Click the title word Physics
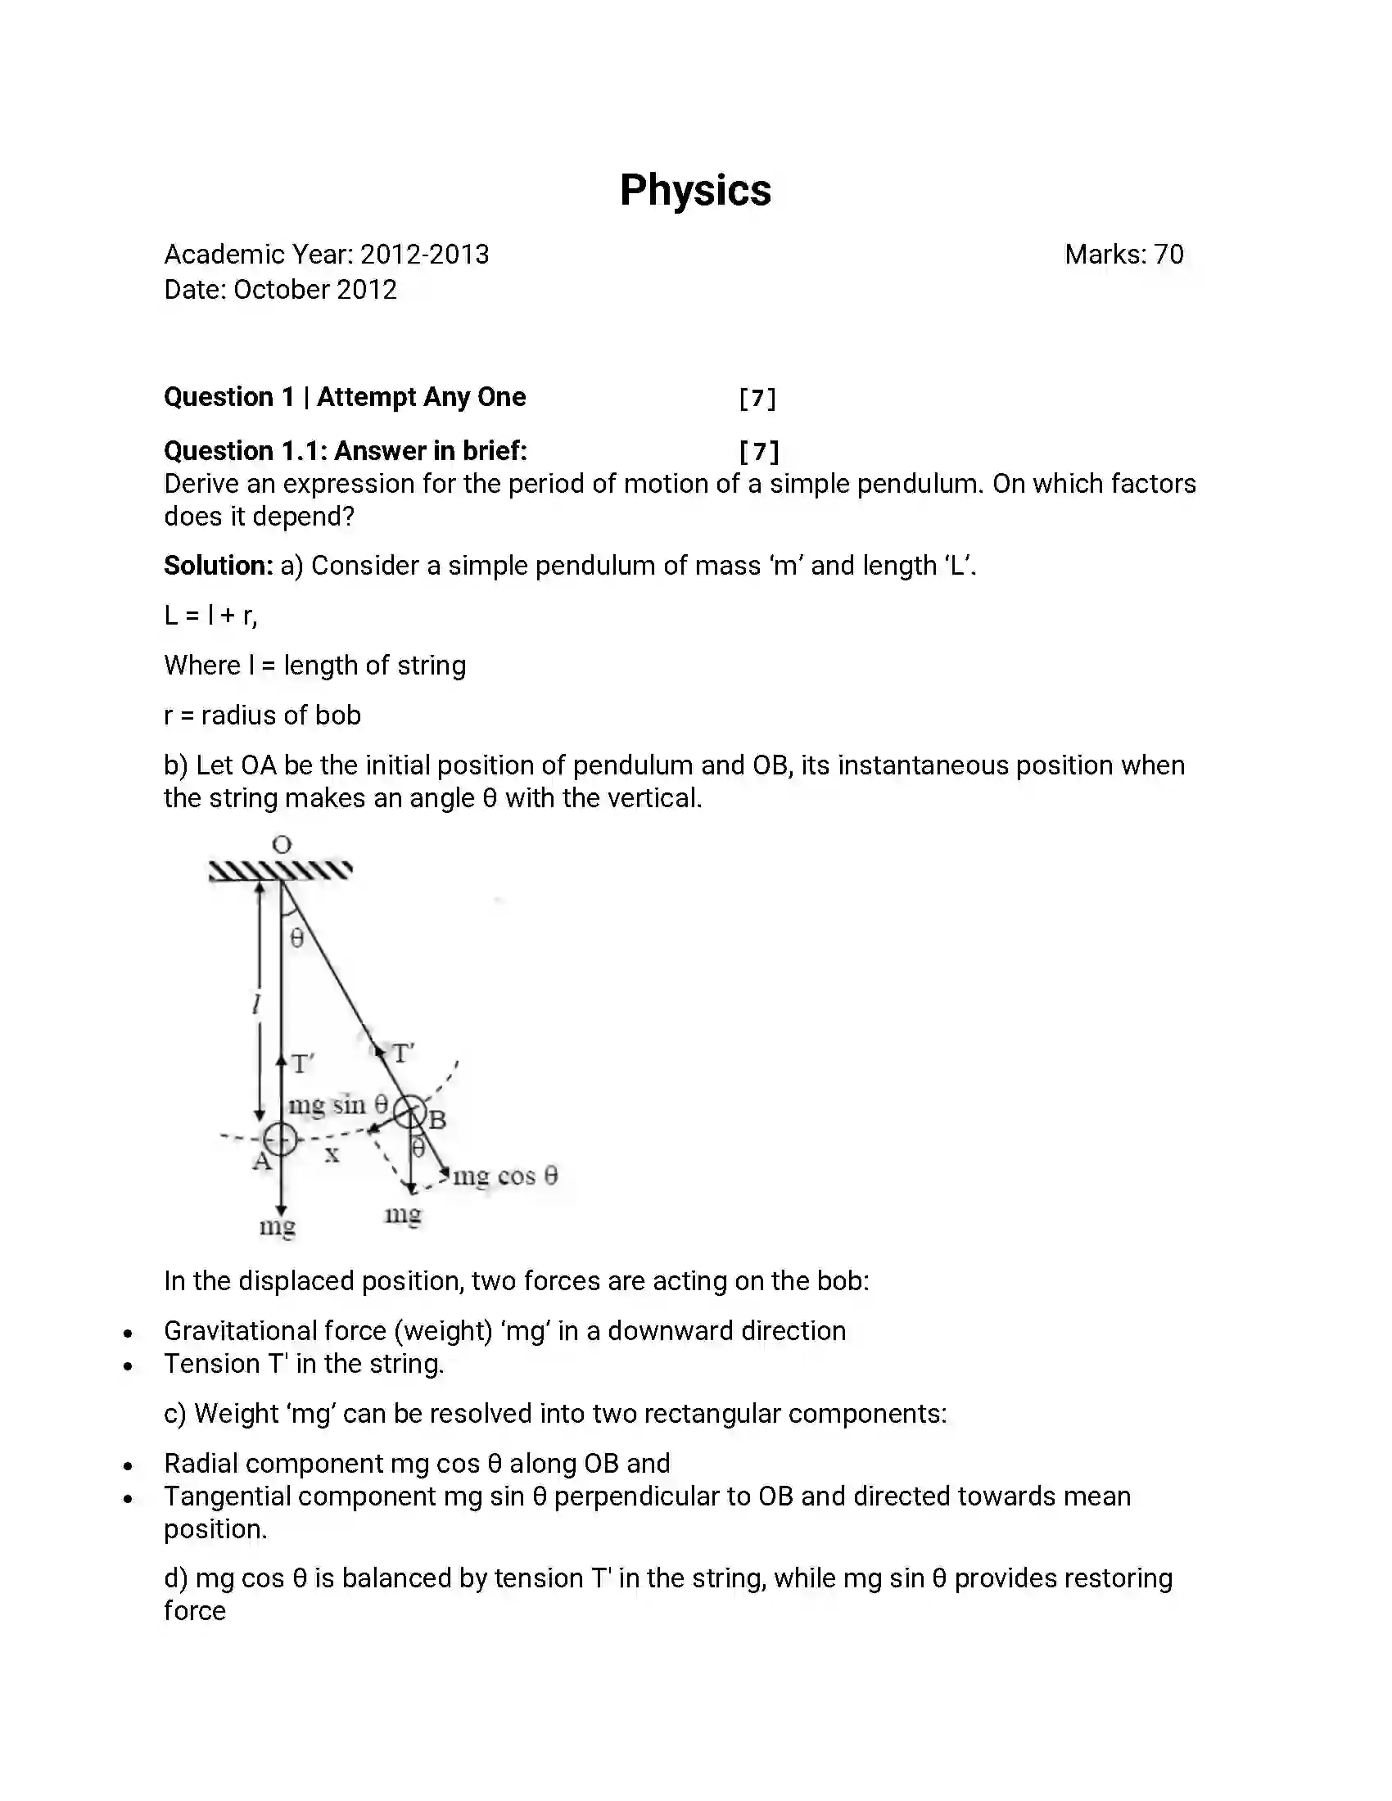[695, 191]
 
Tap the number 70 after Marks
[1168, 254]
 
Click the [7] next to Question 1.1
[759, 451]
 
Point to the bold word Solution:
[218, 566]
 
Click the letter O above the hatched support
[282, 845]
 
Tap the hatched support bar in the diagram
[280, 870]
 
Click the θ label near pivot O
[298, 937]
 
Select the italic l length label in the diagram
[256, 1004]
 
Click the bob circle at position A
[280, 1139]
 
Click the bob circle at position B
[409, 1113]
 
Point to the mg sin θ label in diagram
[337, 1104]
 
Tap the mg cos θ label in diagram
[504, 1175]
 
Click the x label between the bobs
[332, 1154]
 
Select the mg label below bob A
[277, 1226]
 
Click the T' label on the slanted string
[402, 1053]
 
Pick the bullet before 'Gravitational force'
[128, 1333]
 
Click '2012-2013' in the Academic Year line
[424, 254]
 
